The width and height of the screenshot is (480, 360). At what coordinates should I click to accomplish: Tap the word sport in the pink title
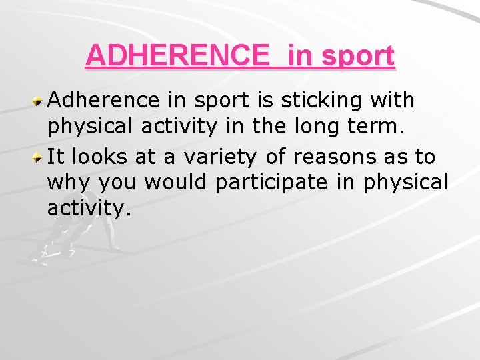pyautogui.click(x=359, y=56)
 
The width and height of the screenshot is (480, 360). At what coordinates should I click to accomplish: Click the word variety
pyautogui.click(x=212, y=157)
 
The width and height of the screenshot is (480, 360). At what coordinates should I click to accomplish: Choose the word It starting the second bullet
pyautogui.click(x=55, y=157)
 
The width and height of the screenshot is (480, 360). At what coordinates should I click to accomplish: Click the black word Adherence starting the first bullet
pyautogui.click(x=103, y=101)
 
